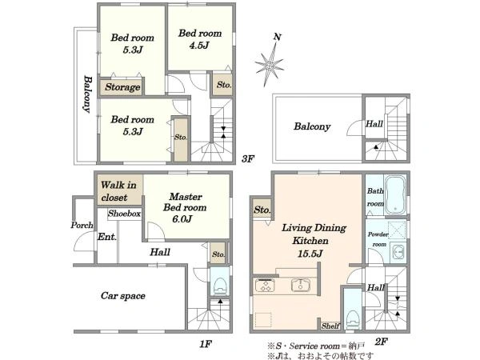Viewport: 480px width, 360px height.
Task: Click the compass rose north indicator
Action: [x=270, y=62]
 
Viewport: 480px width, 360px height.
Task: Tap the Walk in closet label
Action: [x=118, y=191]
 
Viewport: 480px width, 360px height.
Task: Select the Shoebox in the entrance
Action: [x=124, y=214]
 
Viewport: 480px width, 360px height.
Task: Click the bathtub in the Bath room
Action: [x=395, y=194]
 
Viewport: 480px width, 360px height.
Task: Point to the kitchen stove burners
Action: [x=266, y=286]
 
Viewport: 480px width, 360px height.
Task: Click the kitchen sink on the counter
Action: [x=301, y=285]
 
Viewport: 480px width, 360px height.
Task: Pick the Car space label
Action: [x=122, y=296]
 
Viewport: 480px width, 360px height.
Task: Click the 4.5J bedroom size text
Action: [x=199, y=46]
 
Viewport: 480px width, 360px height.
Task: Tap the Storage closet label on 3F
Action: [x=122, y=87]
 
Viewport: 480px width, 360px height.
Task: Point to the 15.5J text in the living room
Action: [x=310, y=254]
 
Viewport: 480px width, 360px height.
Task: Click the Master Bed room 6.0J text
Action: [x=185, y=207]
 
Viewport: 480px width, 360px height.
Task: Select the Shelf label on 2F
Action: [x=330, y=326]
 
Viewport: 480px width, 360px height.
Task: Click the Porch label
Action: [x=82, y=226]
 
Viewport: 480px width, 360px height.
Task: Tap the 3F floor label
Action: [x=248, y=159]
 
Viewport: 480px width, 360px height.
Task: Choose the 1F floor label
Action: [x=206, y=344]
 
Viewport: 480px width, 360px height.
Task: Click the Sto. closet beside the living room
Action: [x=262, y=210]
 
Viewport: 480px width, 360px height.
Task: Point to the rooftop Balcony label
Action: [x=312, y=126]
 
